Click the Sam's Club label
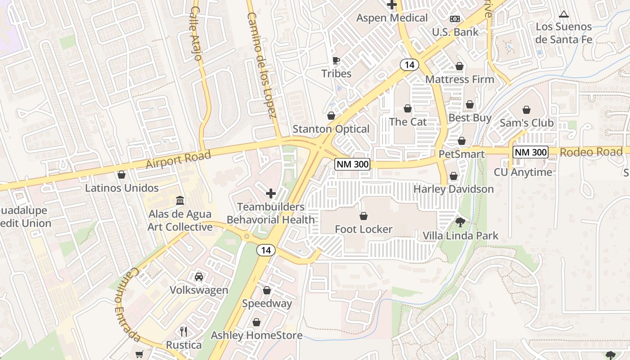pos(526,123)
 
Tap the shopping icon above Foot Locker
pos(363,216)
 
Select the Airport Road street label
pos(178,160)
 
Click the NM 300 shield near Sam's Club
pos(531,152)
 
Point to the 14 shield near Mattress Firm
pos(409,65)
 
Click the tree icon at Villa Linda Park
pos(460,222)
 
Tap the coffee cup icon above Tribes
pos(336,60)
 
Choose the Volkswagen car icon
pos(199,277)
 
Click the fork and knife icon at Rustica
pos(183,332)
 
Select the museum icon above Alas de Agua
pos(180,200)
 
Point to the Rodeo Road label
pos(591,152)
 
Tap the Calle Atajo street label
pos(196,33)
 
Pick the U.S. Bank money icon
pos(455,19)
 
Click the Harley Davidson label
pos(454,189)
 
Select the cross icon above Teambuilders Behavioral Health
pos(270,194)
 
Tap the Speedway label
pos(267,303)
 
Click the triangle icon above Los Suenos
pos(563,14)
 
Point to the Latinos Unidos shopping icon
pos(121,175)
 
